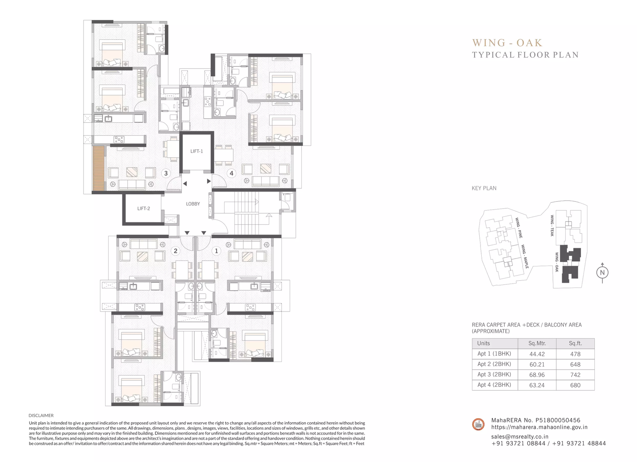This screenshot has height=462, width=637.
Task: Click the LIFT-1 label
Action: [197, 151]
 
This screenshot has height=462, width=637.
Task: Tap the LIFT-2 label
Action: [144, 209]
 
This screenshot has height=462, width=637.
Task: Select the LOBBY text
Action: [193, 204]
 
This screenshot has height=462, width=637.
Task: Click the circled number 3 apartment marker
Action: [166, 173]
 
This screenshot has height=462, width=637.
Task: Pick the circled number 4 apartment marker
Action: [231, 173]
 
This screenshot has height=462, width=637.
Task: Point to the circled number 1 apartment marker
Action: [217, 251]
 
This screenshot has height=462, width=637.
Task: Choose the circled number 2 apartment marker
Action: [176, 251]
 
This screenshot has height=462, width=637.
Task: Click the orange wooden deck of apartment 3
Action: [99, 168]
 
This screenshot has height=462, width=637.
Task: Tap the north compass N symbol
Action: [602, 272]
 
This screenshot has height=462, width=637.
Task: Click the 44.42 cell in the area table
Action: [537, 354]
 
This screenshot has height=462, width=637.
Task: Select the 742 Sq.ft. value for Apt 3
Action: [575, 375]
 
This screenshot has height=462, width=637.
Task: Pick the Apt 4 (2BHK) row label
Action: [494, 385]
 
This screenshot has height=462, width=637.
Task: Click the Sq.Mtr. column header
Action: [537, 343]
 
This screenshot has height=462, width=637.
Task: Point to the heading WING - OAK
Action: [507, 43]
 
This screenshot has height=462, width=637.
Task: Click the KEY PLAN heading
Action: [484, 188]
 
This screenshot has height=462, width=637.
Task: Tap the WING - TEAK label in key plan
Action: [552, 225]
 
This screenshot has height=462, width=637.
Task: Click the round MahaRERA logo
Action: [478, 425]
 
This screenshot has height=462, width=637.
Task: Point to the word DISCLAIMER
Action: [41, 415]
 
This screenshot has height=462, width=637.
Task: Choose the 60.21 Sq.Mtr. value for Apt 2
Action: [537, 364]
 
